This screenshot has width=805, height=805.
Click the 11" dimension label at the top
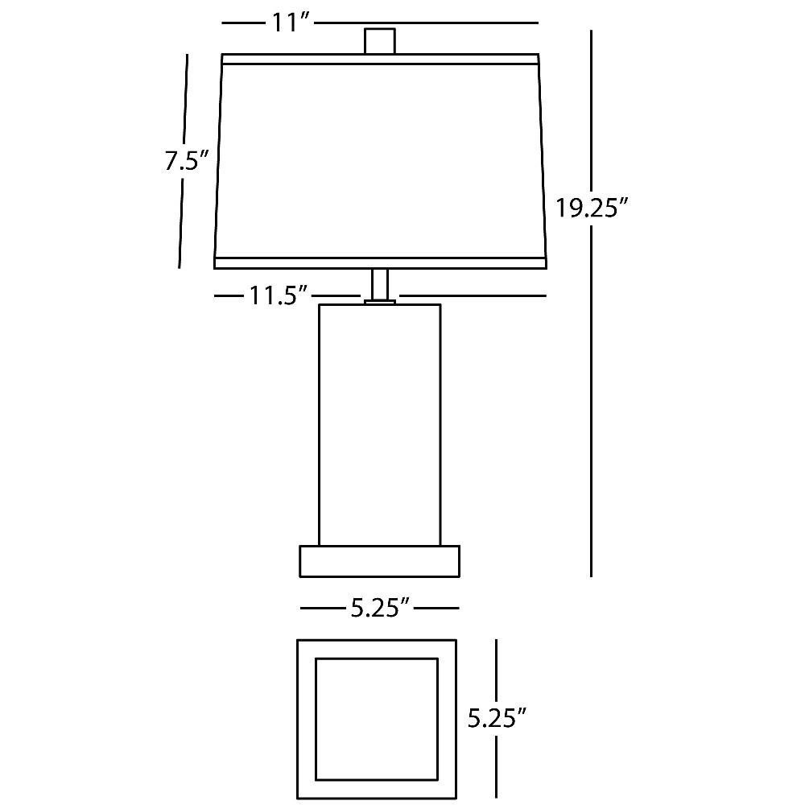coord(290,23)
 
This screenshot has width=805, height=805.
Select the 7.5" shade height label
coord(187,161)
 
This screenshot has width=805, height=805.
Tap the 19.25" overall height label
coord(592,208)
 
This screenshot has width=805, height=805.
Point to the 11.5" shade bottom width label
coord(278,295)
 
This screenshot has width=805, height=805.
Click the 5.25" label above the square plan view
coord(381,609)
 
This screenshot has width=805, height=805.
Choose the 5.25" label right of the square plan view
coord(497,718)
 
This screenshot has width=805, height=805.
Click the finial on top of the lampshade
coord(380,41)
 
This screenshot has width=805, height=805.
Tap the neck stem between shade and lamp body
coord(380,284)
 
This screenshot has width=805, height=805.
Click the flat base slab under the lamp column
coord(379,561)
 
